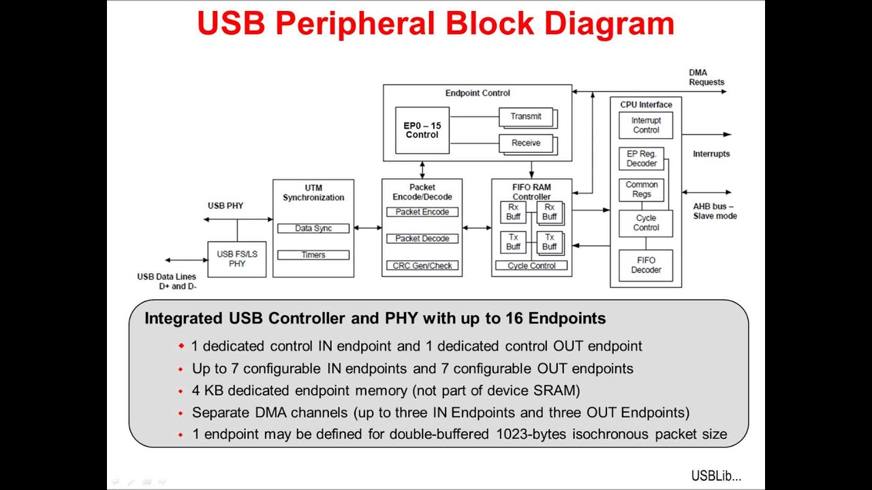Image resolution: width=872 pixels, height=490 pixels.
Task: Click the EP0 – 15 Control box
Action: [x=422, y=130]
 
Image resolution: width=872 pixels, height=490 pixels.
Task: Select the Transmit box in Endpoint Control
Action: [x=526, y=116]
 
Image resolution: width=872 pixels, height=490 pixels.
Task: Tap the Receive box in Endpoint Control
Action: [x=526, y=143]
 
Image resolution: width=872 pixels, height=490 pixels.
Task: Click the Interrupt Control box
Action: [x=646, y=125]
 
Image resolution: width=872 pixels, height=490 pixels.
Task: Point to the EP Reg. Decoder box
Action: [x=642, y=159]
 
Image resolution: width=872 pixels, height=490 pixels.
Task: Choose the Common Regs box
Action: [x=642, y=189]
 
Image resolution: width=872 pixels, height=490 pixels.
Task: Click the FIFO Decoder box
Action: [x=646, y=265]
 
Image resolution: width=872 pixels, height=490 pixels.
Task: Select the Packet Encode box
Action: [x=422, y=212]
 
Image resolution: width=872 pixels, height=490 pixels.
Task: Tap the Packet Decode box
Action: [x=422, y=239]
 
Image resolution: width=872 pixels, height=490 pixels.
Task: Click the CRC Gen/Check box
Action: [x=422, y=265]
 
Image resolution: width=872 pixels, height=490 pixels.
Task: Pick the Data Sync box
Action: [x=313, y=228]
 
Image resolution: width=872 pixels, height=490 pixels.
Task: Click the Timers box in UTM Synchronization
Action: [x=313, y=255]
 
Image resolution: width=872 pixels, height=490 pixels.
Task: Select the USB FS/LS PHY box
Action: [x=237, y=259]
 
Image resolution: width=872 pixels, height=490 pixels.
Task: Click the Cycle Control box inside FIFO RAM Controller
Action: [x=531, y=265]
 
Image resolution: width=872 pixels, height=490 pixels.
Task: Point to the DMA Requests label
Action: [x=706, y=78]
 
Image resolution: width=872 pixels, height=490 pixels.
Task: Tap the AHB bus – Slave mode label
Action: [x=715, y=211]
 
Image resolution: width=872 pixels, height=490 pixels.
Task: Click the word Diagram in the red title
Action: [x=609, y=24]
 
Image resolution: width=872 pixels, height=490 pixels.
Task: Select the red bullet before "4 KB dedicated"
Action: [x=181, y=391]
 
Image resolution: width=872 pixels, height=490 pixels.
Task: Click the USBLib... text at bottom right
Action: [x=716, y=476]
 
